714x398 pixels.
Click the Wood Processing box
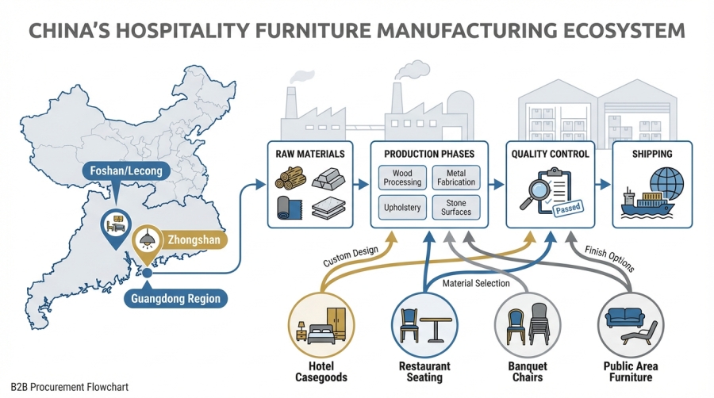point(404,178)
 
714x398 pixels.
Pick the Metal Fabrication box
point(457,178)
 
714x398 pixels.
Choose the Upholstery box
point(404,207)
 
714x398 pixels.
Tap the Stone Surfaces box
point(457,207)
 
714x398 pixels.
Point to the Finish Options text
point(610,258)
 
